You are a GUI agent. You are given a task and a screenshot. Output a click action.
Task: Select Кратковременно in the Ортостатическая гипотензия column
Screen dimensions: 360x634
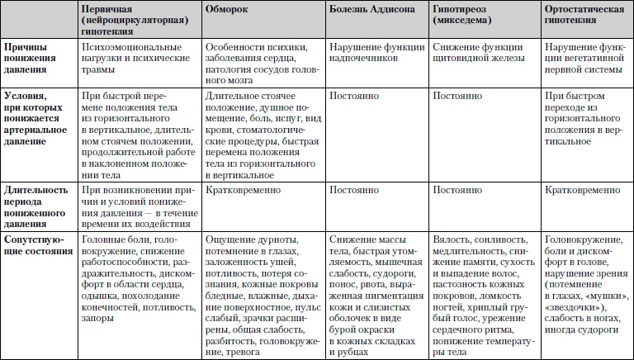click(x=583, y=190)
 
